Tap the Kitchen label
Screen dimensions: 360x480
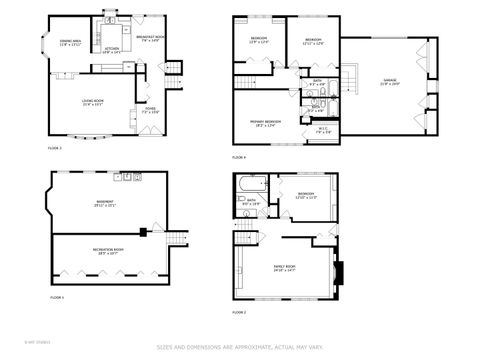pyautogui.click(x=112, y=49)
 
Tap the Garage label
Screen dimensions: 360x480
pyautogui.click(x=389, y=82)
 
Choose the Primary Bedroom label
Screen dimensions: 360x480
pyautogui.click(x=265, y=123)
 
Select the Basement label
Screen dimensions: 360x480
pyautogui.click(x=105, y=203)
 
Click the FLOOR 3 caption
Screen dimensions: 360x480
pyautogui.click(x=55, y=148)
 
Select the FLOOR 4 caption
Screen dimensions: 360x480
pyautogui.click(x=239, y=157)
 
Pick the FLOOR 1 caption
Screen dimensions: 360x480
pyautogui.click(x=57, y=297)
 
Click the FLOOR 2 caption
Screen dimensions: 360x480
pyautogui.click(x=239, y=313)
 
